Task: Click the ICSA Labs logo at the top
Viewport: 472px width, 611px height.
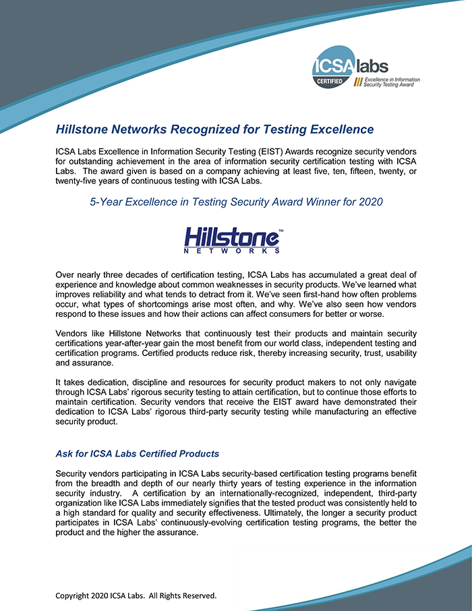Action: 364,71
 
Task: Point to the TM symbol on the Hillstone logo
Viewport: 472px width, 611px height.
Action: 281,231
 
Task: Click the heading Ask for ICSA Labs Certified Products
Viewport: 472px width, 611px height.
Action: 138,453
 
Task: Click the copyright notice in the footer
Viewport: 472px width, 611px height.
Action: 136,595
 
